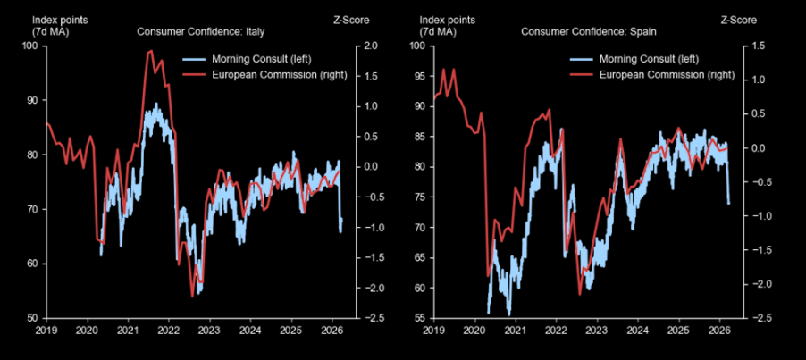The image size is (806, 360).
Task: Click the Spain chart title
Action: click(589, 32)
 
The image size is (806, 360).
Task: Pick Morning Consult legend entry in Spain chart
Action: click(636, 59)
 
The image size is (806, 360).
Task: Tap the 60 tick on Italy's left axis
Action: click(33, 264)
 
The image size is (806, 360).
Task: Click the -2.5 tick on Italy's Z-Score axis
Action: click(371, 318)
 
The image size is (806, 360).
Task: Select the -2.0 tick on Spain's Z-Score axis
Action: click(758, 284)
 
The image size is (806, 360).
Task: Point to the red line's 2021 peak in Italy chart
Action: click(150, 51)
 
